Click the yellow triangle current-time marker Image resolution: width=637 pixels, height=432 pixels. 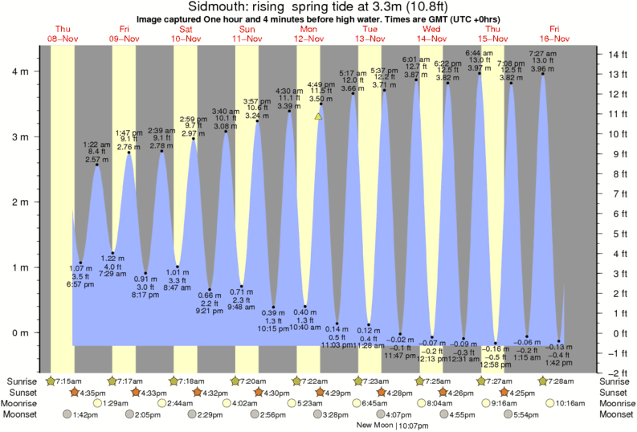pyautogui.click(x=319, y=116)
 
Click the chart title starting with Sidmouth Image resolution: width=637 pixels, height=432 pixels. pyautogui.click(x=318, y=7)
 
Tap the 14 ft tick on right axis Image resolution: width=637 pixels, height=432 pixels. pyautogui.click(x=615, y=55)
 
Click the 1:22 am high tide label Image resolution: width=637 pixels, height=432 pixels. pyautogui.click(x=97, y=144)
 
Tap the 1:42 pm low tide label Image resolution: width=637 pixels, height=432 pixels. pyautogui.click(x=559, y=362)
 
